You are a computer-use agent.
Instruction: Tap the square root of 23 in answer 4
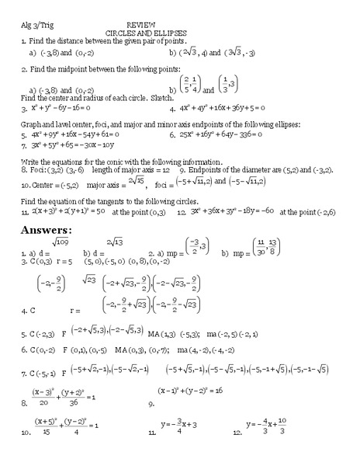tap(88, 280)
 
